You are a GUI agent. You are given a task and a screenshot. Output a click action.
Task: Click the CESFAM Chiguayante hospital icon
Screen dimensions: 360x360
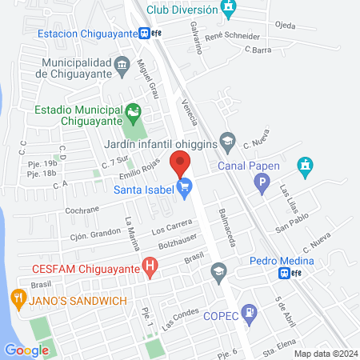pyautogui.click(x=149, y=268)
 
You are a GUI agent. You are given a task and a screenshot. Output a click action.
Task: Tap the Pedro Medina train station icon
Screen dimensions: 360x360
pyautogui.click(x=284, y=273)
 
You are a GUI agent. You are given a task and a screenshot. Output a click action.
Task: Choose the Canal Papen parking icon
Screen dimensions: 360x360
pyautogui.click(x=261, y=185)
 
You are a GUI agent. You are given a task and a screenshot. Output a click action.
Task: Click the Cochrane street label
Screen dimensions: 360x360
pyautogui.click(x=82, y=209)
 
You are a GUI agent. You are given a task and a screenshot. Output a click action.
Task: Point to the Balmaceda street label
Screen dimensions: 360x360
pyautogui.click(x=226, y=229)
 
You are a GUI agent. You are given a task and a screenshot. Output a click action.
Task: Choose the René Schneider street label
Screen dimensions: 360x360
pyautogui.click(x=233, y=37)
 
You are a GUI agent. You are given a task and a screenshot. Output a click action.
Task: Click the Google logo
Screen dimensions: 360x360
pyautogui.click(x=26, y=350)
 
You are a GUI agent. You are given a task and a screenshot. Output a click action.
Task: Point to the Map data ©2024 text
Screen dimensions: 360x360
pyautogui.click(x=324, y=354)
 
